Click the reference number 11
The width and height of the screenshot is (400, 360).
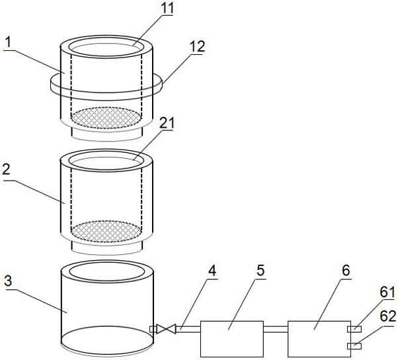coord(167,8)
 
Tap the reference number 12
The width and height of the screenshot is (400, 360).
coord(198,46)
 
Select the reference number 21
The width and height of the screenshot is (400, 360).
coord(167,123)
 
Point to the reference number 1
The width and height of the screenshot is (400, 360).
coord(9,42)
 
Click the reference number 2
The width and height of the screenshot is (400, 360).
coord(7,169)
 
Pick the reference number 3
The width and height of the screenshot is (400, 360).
coord(8,281)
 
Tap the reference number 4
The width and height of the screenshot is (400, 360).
coord(212,270)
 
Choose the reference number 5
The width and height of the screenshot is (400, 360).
coord(260,271)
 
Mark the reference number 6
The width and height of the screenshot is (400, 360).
coord(346,271)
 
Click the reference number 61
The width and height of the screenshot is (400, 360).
coord(387,292)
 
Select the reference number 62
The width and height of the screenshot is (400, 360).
coord(387,316)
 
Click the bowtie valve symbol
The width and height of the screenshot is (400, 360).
coord(166,329)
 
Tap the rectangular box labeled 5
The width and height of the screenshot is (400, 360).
coord(232,339)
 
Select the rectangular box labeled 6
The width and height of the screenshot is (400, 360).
coord(319,339)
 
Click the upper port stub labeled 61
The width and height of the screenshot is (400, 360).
coord(354,329)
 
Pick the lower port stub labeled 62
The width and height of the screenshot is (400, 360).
coord(354,346)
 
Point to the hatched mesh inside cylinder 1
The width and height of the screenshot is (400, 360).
coord(106,118)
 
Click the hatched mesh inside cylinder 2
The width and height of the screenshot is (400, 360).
coord(106,232)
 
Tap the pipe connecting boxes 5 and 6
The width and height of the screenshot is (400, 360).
coord(276,330)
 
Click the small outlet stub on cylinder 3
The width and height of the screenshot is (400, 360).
coord(153,330)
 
